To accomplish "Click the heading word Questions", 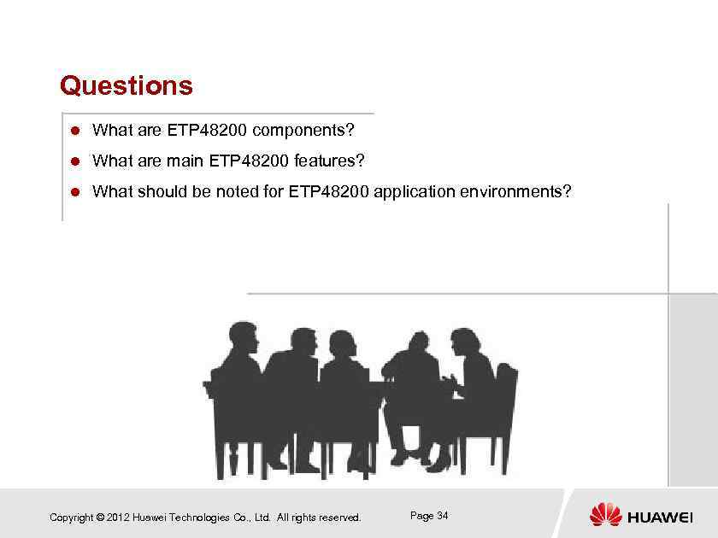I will click(127, 86).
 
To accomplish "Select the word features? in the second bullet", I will click(329, 161).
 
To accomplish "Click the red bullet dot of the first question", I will click(74, 132).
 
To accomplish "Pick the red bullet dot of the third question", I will click(74, 192).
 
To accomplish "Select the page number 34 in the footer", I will click(442, 516).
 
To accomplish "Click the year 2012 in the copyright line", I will click(119, 518).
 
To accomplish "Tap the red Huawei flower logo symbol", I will click(606, 515).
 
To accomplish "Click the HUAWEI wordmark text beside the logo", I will click(660, 518).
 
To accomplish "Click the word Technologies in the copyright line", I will click(201, 518).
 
